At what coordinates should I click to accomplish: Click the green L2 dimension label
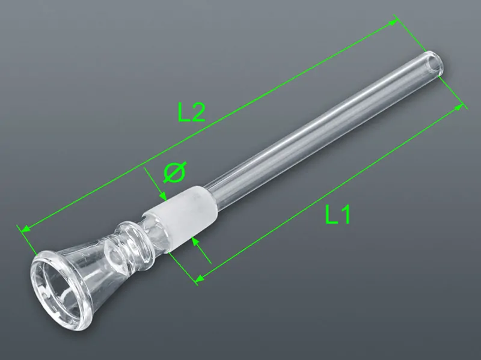191,112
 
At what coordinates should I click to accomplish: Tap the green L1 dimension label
337,215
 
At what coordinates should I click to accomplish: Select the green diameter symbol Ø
174,172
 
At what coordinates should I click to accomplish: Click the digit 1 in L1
344,215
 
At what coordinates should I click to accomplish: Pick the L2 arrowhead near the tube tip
393,23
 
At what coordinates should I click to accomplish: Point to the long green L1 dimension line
331,192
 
